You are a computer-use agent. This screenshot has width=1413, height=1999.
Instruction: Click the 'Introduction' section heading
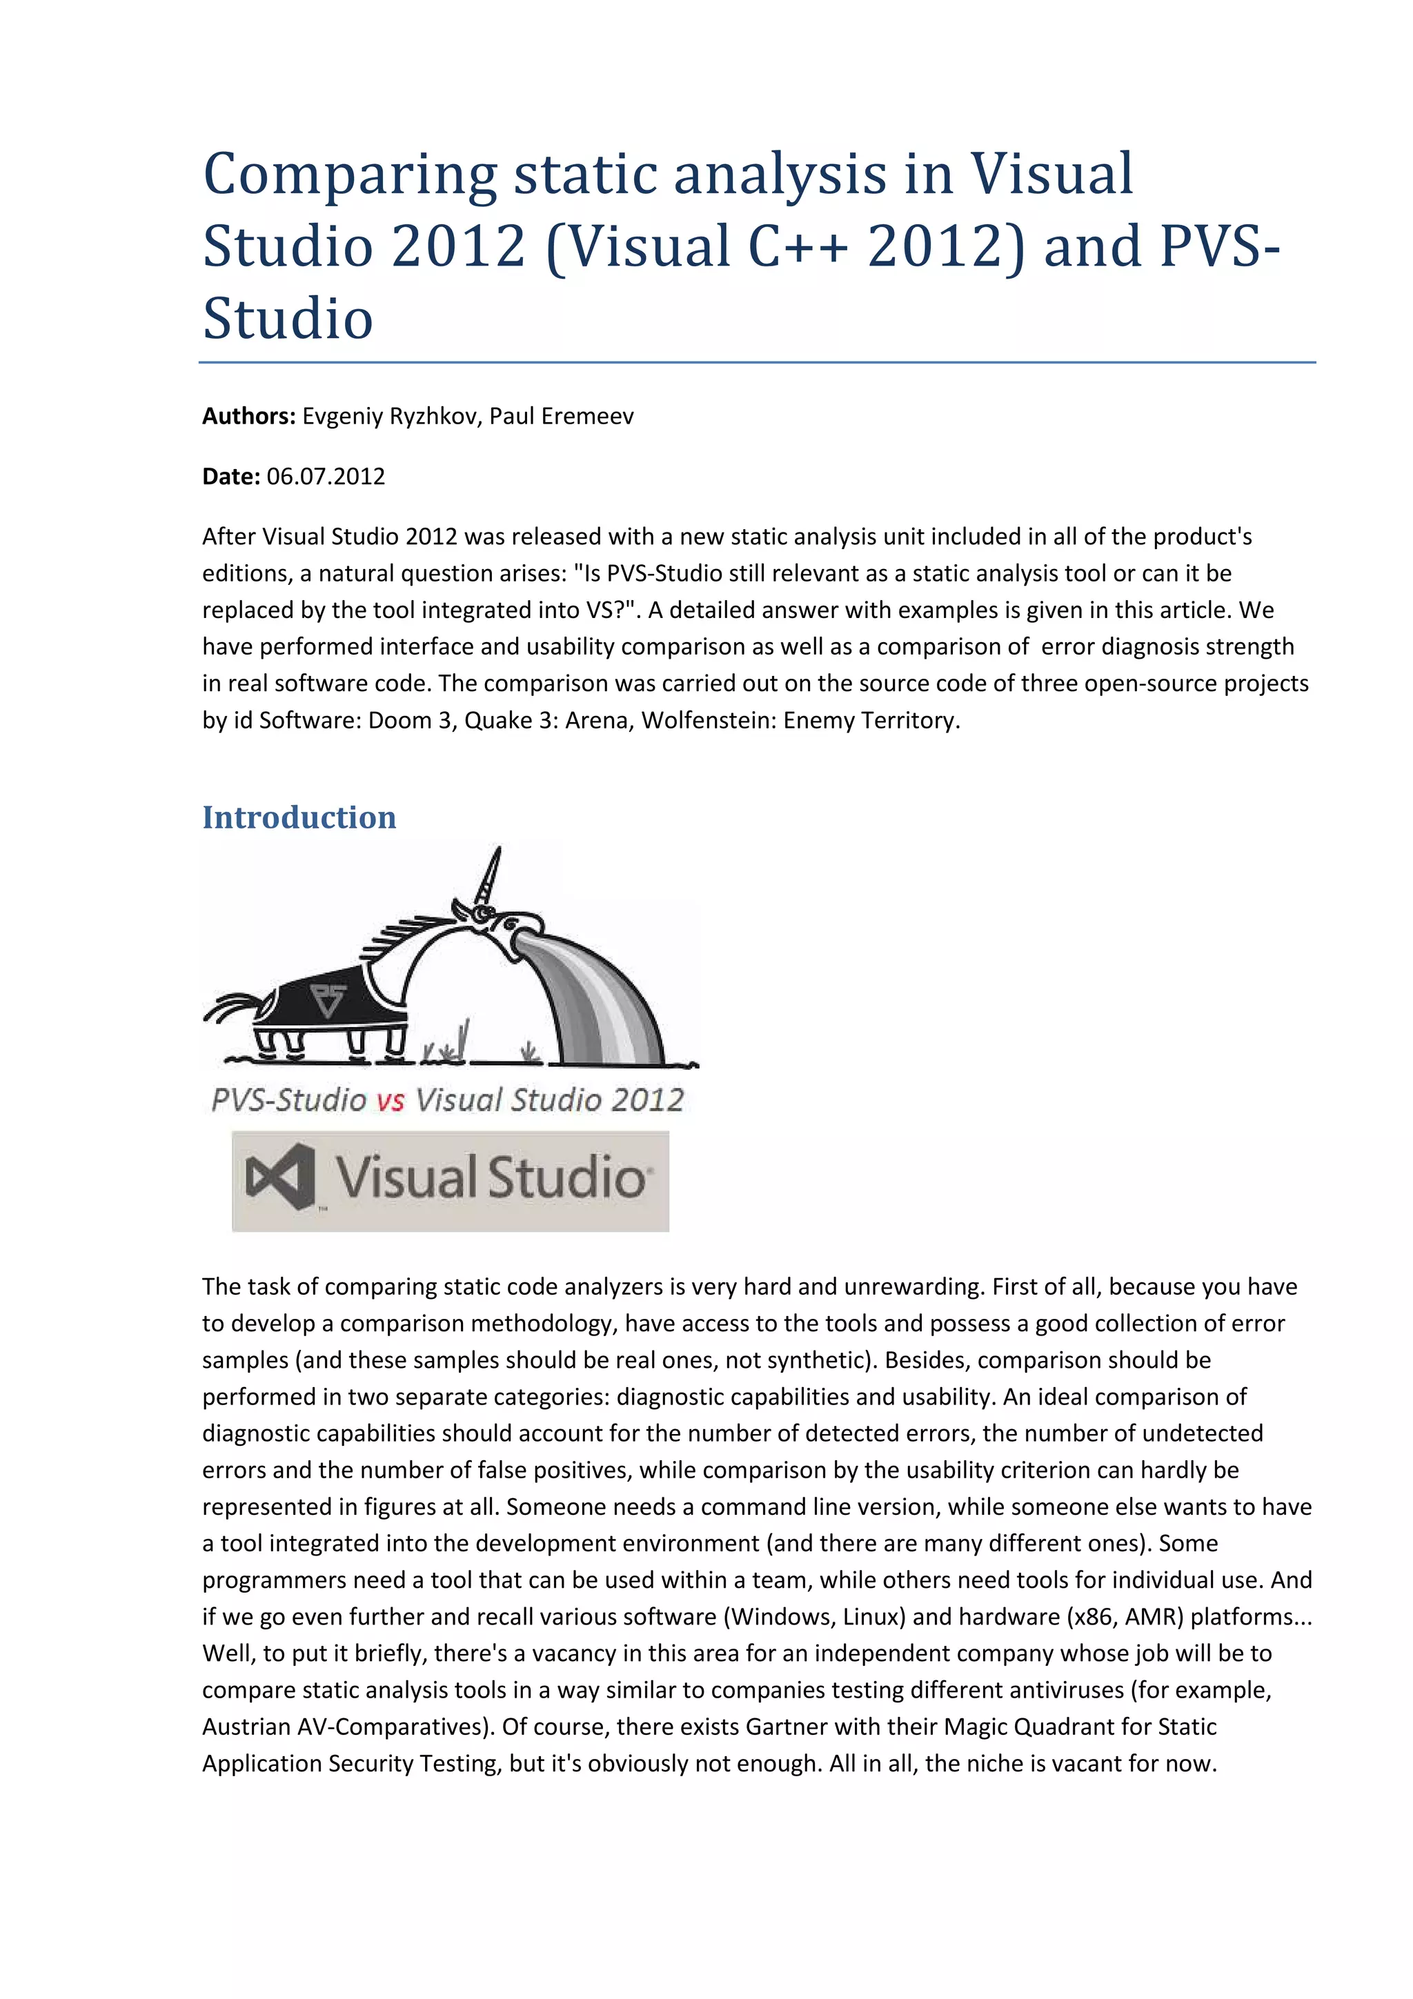coord(299,817)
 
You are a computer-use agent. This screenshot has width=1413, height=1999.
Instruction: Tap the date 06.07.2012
coord(326,476)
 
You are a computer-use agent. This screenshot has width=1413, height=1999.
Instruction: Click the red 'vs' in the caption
coord(391,1100)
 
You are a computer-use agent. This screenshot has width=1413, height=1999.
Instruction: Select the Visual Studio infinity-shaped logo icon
coord(279,1177)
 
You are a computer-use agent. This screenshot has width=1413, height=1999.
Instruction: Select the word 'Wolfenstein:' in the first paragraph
coord(709,720)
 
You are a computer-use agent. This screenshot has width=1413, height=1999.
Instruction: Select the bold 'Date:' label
coord(230,476)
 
